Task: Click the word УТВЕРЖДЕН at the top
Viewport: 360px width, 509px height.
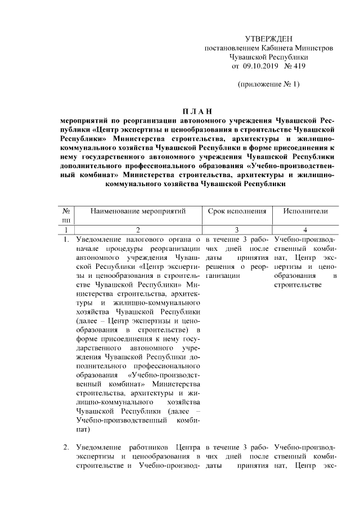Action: click(x=268, y=39)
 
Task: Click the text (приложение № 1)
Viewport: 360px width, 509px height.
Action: click(x=268, y=85)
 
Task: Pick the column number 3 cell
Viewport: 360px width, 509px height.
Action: click(x=236, y=230)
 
